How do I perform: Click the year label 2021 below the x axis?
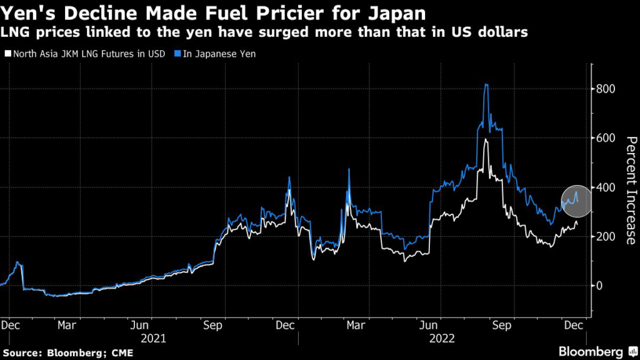[153, 338]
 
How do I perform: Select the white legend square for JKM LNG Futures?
[7, 54]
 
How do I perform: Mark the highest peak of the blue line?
[486, 84]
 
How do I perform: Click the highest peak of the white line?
[486, 139]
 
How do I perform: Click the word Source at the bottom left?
[20, 353]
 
